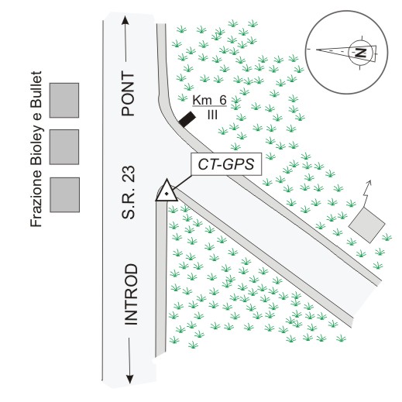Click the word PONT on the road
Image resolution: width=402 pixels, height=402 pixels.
coord(129,94)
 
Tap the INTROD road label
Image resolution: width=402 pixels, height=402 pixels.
coord(131,294)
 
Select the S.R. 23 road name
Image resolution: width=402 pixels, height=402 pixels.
coord(129,192)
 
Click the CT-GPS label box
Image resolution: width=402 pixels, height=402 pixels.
coord(226,164)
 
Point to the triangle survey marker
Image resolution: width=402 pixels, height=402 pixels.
coord(167,191)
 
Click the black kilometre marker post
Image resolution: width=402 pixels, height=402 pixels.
coord(187,119)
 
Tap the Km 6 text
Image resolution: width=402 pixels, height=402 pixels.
coord(209,100)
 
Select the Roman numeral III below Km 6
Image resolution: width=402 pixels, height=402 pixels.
coord(212,115)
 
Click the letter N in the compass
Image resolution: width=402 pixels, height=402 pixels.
coord(361,53)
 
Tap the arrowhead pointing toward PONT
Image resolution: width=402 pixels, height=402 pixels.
coord(125,20)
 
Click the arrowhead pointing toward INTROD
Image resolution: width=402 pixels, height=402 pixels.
coord(130,379)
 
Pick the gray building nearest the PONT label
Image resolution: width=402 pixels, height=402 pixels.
coord(64,100)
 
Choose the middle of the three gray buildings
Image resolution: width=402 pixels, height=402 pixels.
coord(64,147)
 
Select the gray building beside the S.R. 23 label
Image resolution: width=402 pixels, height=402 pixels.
coord(64,194)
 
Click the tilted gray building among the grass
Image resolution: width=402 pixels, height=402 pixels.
coord(366,225)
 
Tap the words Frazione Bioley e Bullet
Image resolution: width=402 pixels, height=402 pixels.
coord(36,149)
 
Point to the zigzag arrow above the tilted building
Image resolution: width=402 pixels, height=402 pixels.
coord(366,193)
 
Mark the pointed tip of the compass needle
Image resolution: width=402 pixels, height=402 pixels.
coord(317,50)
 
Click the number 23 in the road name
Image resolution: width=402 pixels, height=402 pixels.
coord(129,173)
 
